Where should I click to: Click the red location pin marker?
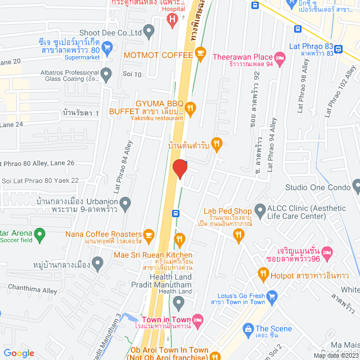pos(179,168)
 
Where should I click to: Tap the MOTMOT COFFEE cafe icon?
pos(200,54)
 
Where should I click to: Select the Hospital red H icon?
pos(173,20)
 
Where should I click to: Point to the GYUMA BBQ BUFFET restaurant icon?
pos(191,107)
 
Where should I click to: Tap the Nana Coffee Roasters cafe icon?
pos(149,234)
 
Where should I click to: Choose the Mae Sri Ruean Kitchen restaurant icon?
pos(179,240)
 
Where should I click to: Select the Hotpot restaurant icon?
pos(263,274)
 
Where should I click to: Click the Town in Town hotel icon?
pos(197,319)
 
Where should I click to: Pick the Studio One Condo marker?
pos(356,187)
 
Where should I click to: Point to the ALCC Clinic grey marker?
pos(260,211)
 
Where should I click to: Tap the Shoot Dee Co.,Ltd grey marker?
pos(149,32)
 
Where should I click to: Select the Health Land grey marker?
pos(179,304)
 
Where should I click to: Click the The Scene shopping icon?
pos(247,328)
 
